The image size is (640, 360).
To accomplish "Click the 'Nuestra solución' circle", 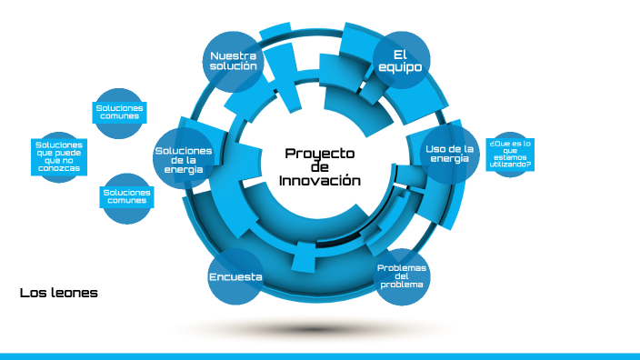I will click(x=233, y=61).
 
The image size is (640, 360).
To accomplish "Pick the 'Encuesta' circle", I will click(x=235, y=276).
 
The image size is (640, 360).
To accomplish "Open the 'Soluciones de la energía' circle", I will click(x=183, y=159).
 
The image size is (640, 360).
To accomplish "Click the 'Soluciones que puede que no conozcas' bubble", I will click(x=59, y=156).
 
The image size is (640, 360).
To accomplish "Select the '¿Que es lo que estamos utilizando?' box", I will click(x=510, y=154).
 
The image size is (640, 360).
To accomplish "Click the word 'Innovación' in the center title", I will click(x=319, y=181).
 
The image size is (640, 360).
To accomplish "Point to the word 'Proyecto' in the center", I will click(x=319, y=154).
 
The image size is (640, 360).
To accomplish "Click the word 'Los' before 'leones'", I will click(x=30, y=293).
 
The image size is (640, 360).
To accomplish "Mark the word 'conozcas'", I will click(x=59, y=170).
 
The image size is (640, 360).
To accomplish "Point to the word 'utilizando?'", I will click(x=510, y=165).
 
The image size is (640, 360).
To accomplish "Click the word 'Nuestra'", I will click(x=233, y=55).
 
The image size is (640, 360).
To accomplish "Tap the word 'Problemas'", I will click(x=401, y=267).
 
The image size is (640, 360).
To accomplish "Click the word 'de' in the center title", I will click(x=319, y=167).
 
